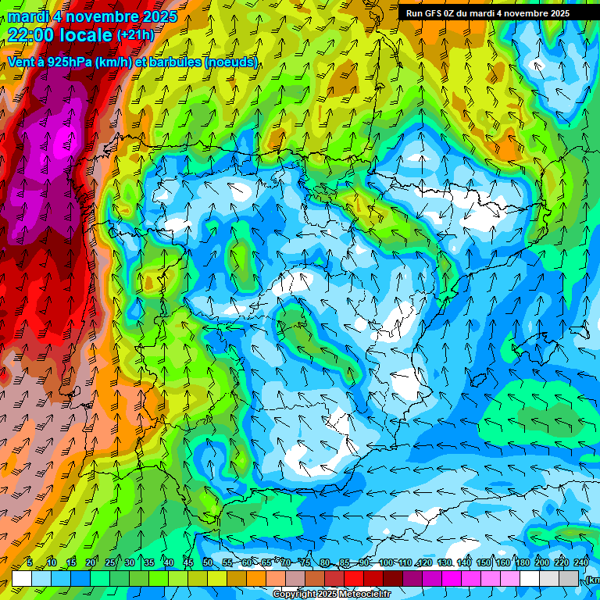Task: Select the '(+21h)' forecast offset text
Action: [135, 34]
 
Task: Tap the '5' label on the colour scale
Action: [30, 562]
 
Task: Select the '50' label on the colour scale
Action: [207, 562]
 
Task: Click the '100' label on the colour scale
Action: [385, 562]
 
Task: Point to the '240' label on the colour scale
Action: [580, 562]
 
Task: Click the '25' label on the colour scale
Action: [109, 562]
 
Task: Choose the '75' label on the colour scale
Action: [305, 562]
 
